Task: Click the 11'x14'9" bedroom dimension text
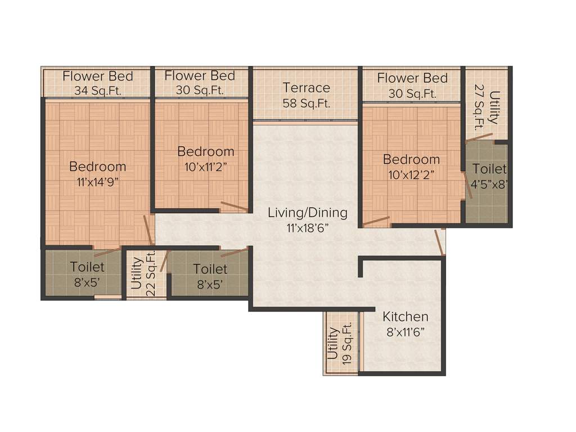click(97, 182)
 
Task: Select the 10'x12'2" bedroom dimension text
click(411, 174)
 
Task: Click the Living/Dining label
click(307, 213)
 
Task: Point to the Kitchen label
click(406, 317)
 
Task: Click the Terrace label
click(306, 88)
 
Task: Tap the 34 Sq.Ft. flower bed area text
click(97, 90)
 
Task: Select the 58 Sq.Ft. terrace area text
click(306, 103)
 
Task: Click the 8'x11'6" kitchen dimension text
click(405, 332)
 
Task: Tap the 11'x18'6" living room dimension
click(307, 228)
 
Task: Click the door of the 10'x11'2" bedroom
click(234, 206)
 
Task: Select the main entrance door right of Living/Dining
click(439, 242)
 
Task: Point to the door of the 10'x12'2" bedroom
click(376, 220)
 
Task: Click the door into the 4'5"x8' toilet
click(468, 186)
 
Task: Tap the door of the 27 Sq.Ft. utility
click(479, 137)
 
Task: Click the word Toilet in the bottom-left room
click(87, 267)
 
